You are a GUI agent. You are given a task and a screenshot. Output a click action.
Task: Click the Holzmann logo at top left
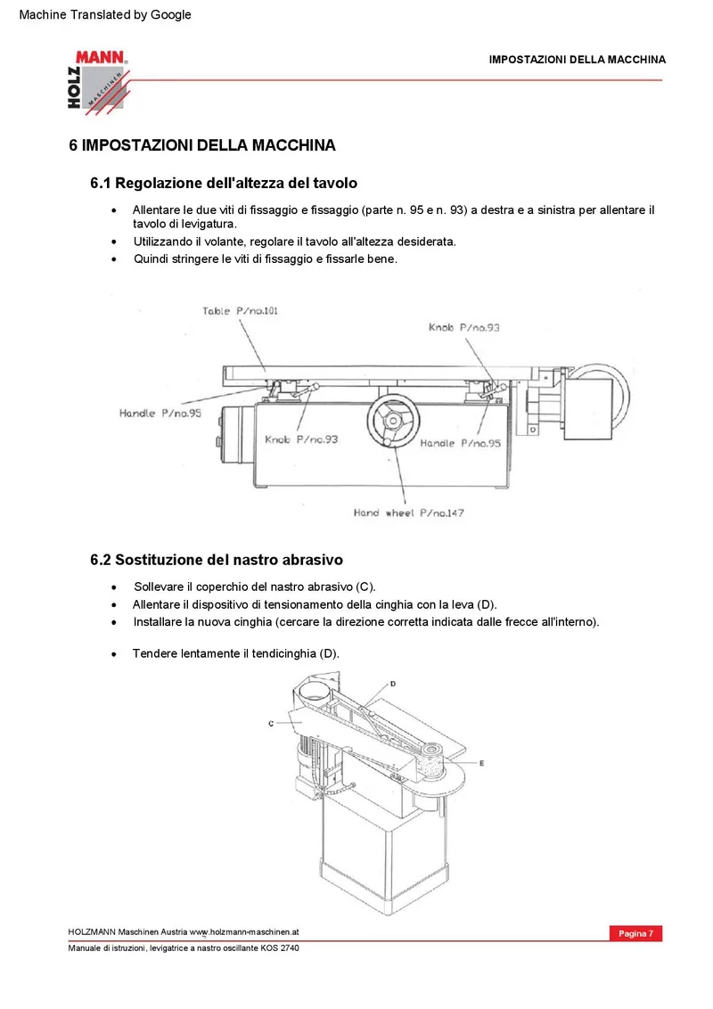(x=98, y=82)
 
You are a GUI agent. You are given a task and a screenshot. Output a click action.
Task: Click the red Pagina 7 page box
(x=635, y=933)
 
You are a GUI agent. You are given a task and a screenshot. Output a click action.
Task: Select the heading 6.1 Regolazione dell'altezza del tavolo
(x=224, y=183)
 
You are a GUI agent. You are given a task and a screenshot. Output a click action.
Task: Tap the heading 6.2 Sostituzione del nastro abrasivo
(x=217, y=560)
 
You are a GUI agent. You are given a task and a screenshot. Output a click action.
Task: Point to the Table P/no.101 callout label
(x=240, y=311)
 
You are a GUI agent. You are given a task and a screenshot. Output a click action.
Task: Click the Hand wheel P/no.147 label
(x=408, y=513)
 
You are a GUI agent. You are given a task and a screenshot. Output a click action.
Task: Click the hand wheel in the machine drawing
(x=393, y=421)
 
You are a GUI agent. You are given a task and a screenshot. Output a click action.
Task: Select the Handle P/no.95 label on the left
(x=160, y=413)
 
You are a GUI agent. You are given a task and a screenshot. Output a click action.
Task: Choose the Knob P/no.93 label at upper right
(x=464, y=327)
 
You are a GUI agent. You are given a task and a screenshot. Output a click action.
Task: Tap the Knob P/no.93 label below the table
(x=301, y=439)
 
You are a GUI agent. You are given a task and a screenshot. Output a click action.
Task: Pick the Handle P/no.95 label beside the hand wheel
(x=460, y=443)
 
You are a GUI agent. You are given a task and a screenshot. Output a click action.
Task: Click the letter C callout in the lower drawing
(x=271, y=723)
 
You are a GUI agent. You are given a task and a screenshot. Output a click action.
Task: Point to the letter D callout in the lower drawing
(x=393, y=684)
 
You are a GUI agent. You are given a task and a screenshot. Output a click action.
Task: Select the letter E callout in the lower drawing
(x=481, y=762)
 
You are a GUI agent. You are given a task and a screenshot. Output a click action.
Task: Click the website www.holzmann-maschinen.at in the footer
(x=244, y=931)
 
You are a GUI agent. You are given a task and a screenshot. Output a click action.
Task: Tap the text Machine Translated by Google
(x=105, y=14)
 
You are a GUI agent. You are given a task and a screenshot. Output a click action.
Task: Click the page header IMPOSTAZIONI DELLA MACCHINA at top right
(x=578, y=60)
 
